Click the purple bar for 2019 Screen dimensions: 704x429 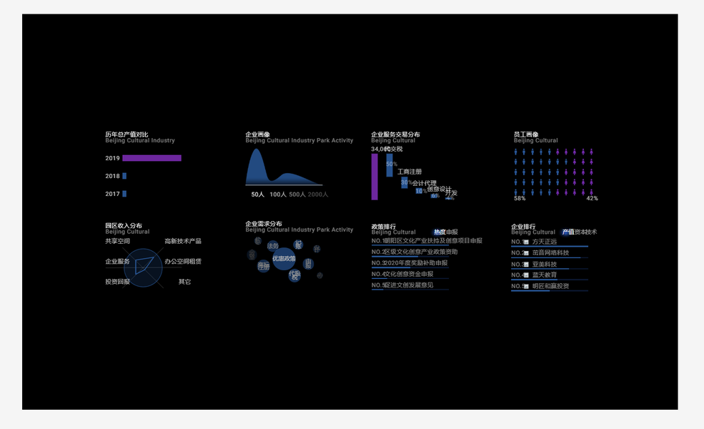152,158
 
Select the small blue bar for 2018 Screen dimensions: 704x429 124,176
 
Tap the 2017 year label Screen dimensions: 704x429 112,194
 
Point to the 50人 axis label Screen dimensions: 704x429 258,194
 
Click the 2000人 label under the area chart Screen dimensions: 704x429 318,194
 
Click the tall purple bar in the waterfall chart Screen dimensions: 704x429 375,177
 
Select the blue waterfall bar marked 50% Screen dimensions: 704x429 390,165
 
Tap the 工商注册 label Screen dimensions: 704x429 410,172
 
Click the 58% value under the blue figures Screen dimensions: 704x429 520,198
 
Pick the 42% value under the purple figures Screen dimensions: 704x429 593,198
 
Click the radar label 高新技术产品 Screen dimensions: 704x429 183,242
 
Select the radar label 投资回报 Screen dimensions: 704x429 118,282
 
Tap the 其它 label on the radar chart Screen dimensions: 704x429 184,282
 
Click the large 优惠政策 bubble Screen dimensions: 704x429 284,258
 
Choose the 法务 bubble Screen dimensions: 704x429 273,246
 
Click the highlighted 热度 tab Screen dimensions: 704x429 440,232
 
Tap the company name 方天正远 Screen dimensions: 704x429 545,242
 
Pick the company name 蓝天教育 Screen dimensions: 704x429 545,275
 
